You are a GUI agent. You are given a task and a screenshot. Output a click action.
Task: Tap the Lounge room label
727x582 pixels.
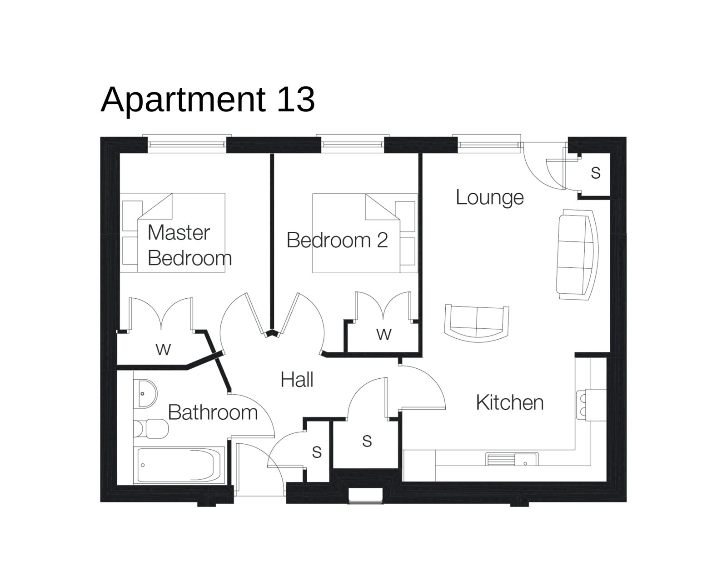coord(489,197)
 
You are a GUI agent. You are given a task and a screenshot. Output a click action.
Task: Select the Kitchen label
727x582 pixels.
coord(509,403)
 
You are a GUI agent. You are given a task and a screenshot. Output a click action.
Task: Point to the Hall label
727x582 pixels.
coord(297,380)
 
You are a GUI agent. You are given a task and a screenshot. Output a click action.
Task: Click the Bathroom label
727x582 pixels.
coord(213,412)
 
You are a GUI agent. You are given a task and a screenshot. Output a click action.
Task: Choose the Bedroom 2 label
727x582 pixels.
coord(337,240)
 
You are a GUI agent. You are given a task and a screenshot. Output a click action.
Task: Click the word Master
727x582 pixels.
coord(179,233)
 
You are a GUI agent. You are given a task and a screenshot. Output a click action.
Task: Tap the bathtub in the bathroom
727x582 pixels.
coord(179,465)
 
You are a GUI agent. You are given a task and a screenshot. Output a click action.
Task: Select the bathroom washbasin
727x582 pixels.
coord(146,392)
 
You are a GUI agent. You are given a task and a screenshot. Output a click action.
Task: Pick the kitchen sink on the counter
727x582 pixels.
coord(512,459)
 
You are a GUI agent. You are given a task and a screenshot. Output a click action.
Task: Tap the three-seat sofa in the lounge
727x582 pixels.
coord(576,254)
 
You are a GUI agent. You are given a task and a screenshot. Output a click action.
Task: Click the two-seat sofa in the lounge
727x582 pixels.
coord(476,321)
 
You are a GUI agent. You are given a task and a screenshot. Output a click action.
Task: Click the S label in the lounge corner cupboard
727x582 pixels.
coord(595,173)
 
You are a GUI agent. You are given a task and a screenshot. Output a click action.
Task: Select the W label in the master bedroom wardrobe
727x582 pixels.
coord(163,349)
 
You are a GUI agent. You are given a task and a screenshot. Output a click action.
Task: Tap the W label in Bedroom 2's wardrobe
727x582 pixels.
coord(383,334)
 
